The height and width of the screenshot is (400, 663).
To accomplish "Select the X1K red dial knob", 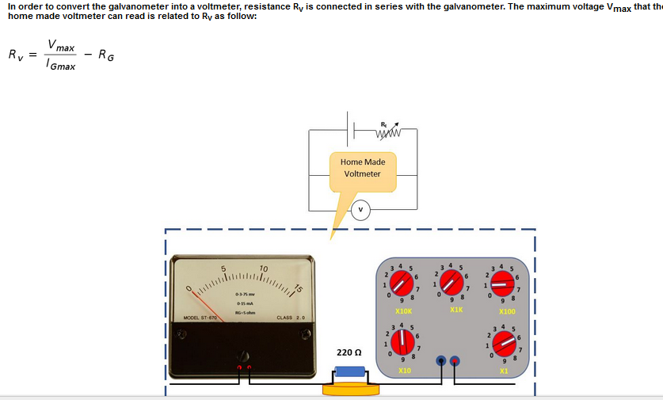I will [452, 280].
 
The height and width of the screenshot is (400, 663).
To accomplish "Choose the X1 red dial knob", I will [502, 343].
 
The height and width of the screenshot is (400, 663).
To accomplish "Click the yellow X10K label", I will [403, 312].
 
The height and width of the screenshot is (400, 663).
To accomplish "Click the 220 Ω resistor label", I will [349, 352].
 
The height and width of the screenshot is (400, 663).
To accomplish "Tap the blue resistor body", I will [349, 371].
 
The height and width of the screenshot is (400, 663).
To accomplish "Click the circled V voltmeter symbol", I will [361, 210].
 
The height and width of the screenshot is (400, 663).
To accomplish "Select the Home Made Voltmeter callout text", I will [361, 168].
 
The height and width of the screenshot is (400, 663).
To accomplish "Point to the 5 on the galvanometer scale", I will [223, 268].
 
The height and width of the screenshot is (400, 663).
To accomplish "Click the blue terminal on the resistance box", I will [455, 361].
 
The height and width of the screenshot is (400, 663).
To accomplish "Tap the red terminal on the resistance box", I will [441, 361].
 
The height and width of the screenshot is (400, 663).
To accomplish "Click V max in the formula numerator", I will [61, 45].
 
